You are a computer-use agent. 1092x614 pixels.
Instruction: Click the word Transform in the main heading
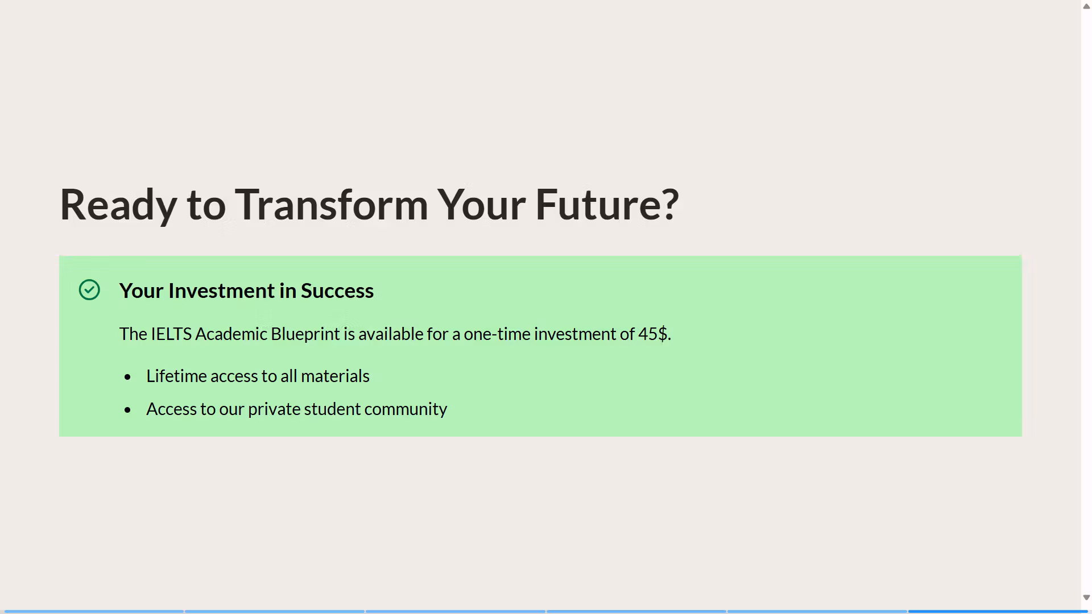[x=332, y=204]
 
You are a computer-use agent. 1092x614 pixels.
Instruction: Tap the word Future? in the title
[x=607, y=204]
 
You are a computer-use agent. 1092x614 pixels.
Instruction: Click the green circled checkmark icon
[x=89, y=290]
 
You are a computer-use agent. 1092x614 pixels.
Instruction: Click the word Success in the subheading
[x=337, y=291]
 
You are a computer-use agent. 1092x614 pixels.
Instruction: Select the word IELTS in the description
[x=171, y=334]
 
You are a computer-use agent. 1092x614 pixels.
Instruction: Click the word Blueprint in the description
[x=305, y=334]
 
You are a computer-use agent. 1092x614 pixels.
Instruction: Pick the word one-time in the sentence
[x=497, y=334]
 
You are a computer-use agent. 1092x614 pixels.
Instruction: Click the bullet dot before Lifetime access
[x=127, y=377]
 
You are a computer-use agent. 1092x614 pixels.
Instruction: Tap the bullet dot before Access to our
[x=127, y=410]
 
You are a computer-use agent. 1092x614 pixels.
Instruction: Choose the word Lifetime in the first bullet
[x=176, y=376]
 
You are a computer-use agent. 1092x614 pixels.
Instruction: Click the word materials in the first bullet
[x=335, y=376]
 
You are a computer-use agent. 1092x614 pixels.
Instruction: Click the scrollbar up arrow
[x=1086, y=6]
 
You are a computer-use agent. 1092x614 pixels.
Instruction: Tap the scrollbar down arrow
[x=1086, y=598]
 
